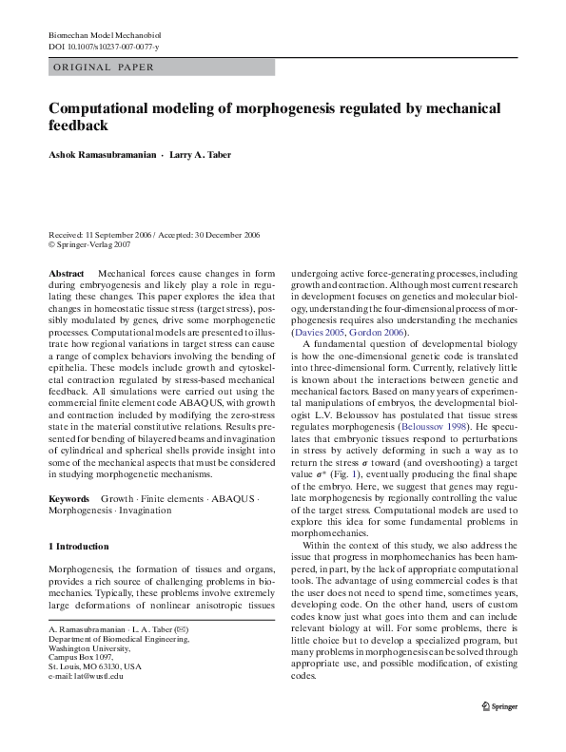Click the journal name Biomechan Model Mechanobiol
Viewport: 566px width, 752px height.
pyautogui.click(x=106, y=34)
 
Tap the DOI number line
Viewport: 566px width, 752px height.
pyautogui.click(x=104, y=47)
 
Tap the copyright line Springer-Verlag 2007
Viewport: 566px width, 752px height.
pyautogui.click(x=93, y=244)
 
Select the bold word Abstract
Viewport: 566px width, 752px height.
pyautogui.click(x=67, y=273)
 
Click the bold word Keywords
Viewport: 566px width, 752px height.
pyautogui.click(x=68, y=498)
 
